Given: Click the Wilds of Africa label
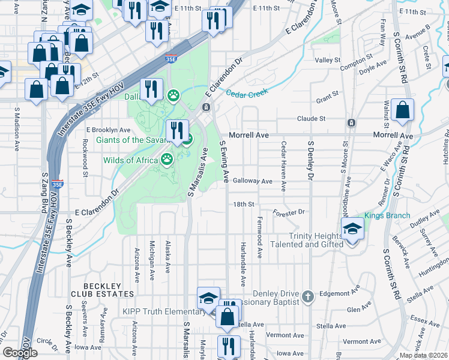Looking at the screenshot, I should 130,160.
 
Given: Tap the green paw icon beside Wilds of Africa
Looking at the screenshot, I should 166,160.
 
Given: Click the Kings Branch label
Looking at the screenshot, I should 387,215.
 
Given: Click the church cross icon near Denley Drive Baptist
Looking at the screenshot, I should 307,296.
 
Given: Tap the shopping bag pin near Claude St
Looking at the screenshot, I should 402,110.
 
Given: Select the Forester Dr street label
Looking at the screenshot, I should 289,212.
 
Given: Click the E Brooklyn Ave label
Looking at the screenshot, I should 108,130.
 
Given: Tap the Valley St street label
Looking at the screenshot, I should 328,60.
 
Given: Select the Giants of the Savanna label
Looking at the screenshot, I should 131,140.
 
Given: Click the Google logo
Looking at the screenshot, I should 20,353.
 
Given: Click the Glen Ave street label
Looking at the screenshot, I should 359,309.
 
